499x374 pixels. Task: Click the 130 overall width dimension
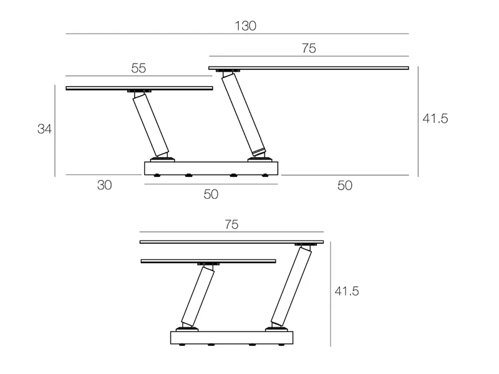(245, 26)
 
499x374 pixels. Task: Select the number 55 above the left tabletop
(138, 68)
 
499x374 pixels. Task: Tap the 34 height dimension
(44, 129)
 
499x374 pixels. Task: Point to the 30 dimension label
(104, 185)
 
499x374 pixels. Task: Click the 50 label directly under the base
(211, 194)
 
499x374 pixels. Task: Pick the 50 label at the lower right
(345, 185)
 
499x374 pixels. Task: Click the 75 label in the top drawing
(309, 49)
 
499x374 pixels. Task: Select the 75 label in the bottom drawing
(231, 224)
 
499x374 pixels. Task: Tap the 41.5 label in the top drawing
(435, 118)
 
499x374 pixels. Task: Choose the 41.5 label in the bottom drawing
(347, 291)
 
